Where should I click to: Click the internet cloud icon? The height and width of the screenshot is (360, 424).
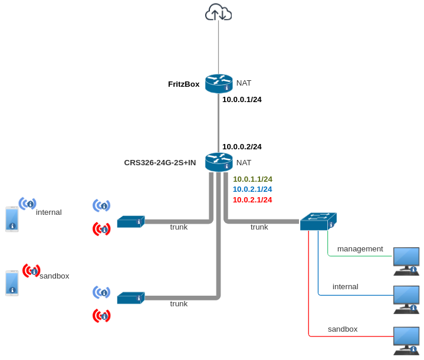pos(218,12)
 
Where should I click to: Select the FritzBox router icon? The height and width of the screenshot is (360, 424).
pos(219,83)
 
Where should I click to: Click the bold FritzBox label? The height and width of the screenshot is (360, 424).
pos(183,84)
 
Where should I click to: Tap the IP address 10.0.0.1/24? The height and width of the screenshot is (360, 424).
pos(242,100)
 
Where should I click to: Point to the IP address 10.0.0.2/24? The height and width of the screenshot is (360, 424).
pos(242,147)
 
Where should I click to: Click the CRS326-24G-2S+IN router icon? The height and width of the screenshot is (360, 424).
pos(219,162)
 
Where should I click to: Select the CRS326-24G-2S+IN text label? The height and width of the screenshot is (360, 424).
pos(160,163)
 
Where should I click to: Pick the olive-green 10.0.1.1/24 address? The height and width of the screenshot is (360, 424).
pos(252,179)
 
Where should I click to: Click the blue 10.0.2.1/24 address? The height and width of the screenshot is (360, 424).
pos(252,189)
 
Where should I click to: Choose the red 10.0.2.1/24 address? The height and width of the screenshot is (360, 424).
pos(252,200)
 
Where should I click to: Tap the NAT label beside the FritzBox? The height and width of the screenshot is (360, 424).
pos(244,83)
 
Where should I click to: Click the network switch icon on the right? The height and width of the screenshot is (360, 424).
pos(318,221)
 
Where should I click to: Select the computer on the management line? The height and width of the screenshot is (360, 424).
pos(406,261)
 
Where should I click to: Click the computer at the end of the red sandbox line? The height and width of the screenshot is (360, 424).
pos(406,341)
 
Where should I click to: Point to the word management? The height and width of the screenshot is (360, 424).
pos(360,249)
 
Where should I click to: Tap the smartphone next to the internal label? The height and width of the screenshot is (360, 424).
pos(12,219)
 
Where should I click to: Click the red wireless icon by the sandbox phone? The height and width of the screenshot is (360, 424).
pos(31,271)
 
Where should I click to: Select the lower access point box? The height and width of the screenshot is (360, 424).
pos(130,298)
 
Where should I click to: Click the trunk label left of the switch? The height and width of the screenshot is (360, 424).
pos(259,227)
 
